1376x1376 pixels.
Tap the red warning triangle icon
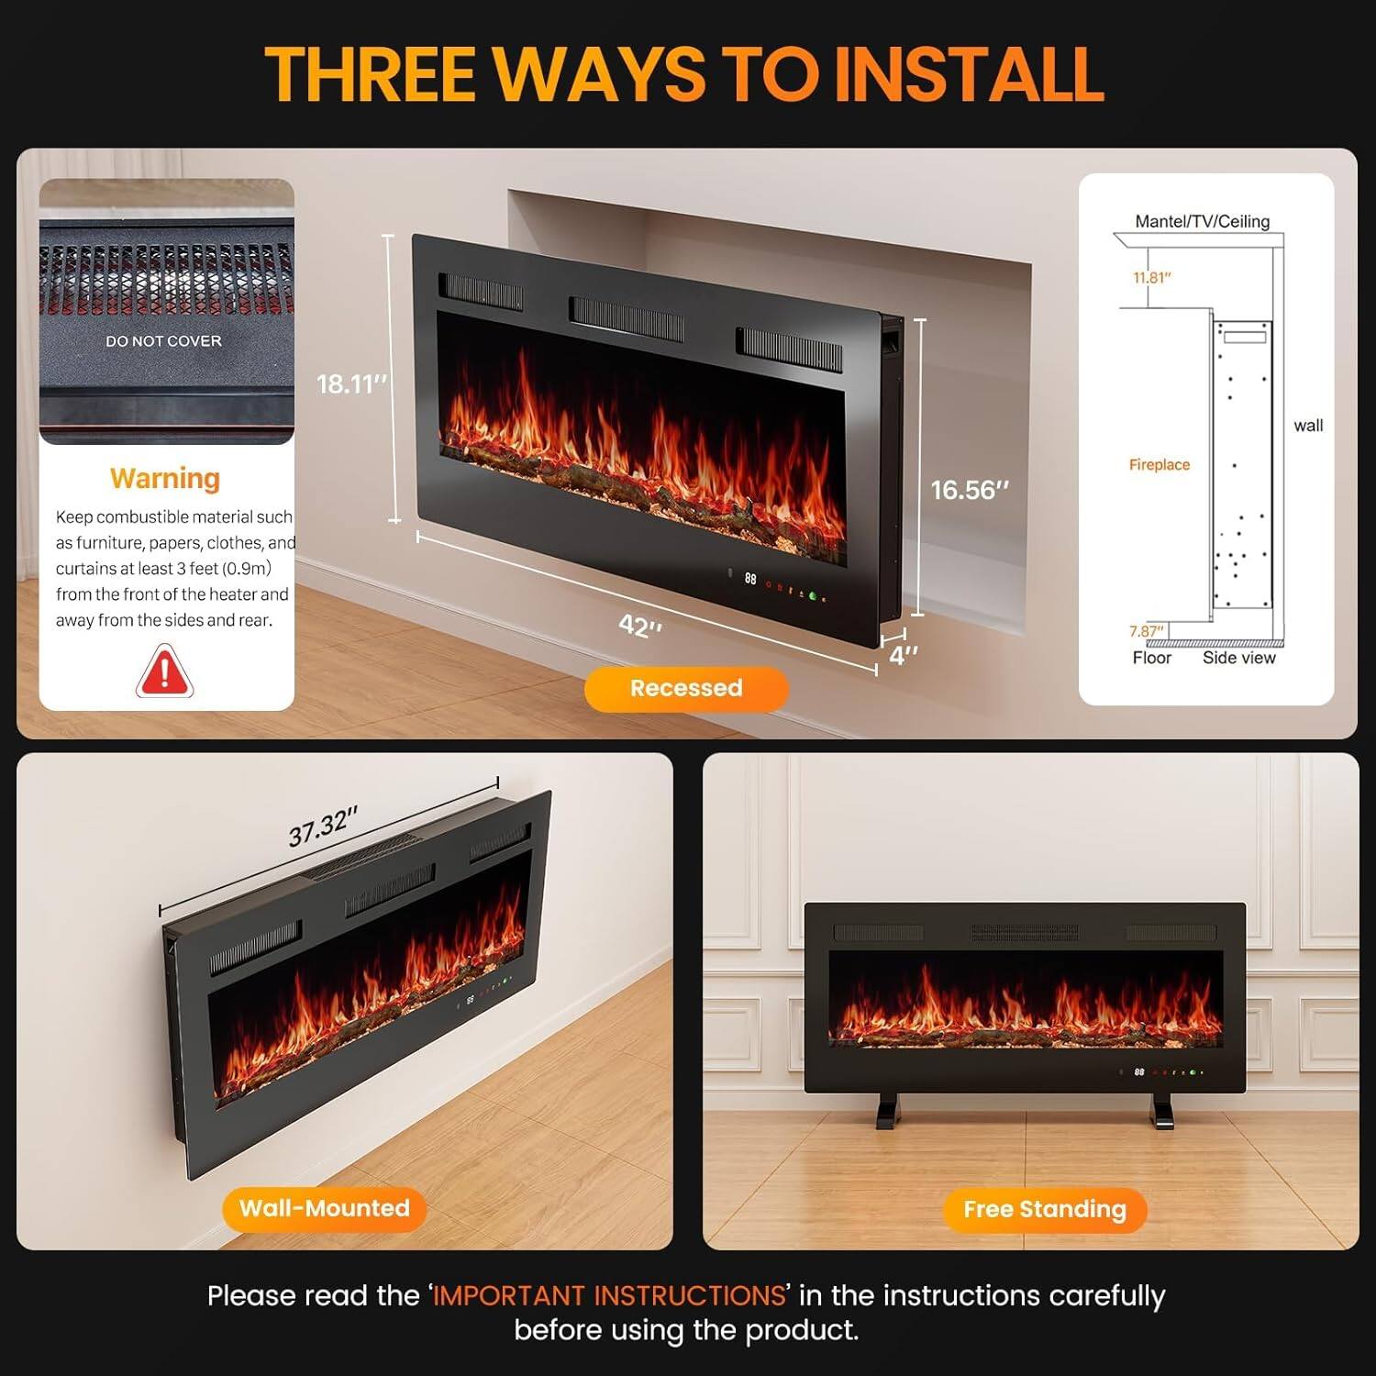(x=164, y=671)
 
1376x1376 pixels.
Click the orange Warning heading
(x=165, y=478)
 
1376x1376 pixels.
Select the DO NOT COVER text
(x=163, y=341)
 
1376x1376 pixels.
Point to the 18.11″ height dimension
(x=351, y=383)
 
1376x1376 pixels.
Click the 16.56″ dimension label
(x=969, y=490)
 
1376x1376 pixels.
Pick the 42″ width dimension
(x=640, y=626)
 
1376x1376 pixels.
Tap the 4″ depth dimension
(x=903, y=655)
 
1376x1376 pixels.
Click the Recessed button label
(x=686, y=688)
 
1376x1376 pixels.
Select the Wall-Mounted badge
(x=324, y=1208)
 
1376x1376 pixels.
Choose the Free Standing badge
(x=1044, y=1210)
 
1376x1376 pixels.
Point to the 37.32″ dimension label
(x=323, y=827)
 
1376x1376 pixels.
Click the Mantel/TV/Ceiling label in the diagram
(x=1202, y=221)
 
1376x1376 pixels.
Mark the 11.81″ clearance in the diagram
(x=1151, y=278)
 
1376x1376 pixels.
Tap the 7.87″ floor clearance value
(x=1146, y=631)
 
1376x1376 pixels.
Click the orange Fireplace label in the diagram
(x=1159, y=465)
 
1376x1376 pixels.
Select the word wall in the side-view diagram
(x=1308, y=426)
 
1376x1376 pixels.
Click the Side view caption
(x=1238, y=658)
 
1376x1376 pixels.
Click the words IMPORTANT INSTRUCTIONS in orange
(x=609, y=1295)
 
